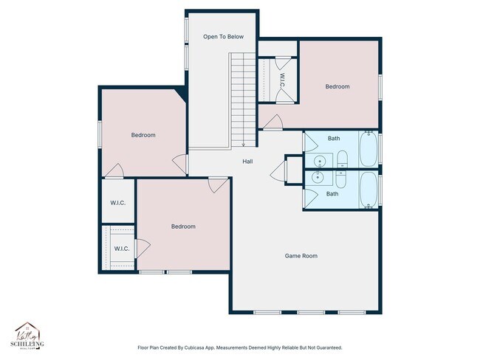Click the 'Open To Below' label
[223, 36]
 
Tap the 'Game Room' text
[301, 256]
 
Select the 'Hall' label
[249, 162]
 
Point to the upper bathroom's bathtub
[368, 149]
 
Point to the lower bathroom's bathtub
[368, 190]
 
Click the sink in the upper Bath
[319, 161]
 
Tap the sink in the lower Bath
[319, 177]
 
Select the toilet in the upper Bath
[342, 159]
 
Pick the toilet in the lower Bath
[342, 179]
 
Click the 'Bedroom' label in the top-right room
[337, 86]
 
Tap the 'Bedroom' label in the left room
[143, 135]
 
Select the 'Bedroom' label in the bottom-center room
[183, 226]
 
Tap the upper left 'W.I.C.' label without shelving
[117, 203]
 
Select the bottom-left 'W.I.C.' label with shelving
[122, 249]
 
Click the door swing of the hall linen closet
[278, 174]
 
